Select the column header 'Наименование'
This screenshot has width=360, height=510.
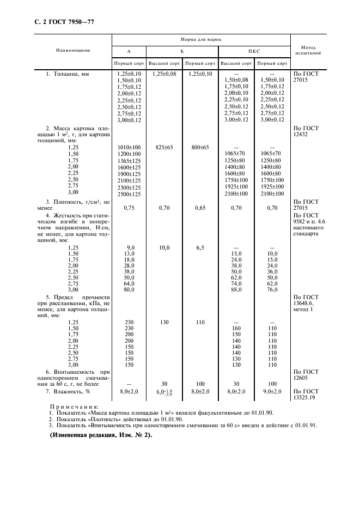point(73,50)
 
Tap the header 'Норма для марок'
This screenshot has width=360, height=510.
point(200,40)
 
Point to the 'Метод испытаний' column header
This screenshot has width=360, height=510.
point(308,51)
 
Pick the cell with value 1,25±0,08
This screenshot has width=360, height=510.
point(164,73)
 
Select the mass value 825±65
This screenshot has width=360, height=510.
point(164,147)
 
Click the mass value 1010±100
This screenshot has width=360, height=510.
point(129,147)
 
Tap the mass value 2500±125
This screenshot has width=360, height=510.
point(129,193)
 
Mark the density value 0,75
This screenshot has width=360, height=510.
point(129,208)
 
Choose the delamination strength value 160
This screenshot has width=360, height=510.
point(236,329)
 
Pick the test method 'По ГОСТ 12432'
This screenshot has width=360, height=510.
point(306,131)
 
